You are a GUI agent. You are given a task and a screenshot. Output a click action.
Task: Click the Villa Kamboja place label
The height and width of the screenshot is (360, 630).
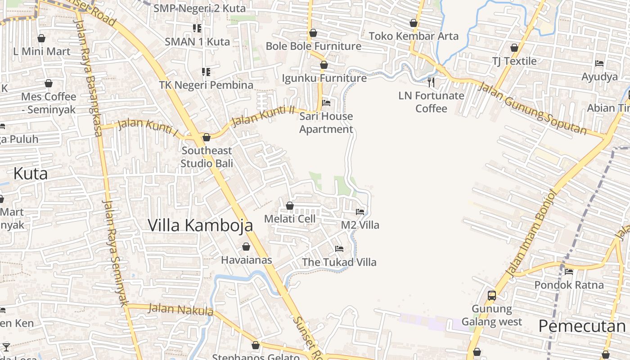pyautogui.click(x=200, y=225)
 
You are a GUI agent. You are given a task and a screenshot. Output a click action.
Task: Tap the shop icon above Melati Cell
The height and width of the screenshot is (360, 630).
pyautogui.click(x=290, y=206)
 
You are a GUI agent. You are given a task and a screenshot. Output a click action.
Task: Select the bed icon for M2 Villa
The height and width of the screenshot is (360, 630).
pyautogui.click(x=360, y=211)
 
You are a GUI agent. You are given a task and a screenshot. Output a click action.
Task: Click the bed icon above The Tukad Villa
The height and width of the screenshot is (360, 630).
pyautogui.click(x=339, y=248)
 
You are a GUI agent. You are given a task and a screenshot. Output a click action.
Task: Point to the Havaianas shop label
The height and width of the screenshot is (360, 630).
pyautogui.click(x=246, y=260)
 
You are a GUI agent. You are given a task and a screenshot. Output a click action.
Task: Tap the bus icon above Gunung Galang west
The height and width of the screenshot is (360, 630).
pyautogui.click(x=492, y=296)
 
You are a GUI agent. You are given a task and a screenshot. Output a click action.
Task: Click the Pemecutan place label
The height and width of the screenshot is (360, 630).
pyautogui.click(x=582, y=326)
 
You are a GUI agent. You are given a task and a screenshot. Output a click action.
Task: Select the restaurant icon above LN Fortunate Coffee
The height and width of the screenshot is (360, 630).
pyautogui.click(x=431, y=82)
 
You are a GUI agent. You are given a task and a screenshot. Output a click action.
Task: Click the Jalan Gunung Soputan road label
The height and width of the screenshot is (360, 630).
pyautogui.click(x=532, y=108)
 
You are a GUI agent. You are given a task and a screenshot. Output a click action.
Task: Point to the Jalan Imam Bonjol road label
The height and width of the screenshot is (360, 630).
pyautogui.click(x=531, y=233)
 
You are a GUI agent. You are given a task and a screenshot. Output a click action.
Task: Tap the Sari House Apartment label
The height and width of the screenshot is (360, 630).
pyautogui.click(x=326, y=123)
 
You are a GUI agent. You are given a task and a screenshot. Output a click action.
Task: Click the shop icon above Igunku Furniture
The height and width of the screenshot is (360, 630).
pyautogui.click(x=324, y=65)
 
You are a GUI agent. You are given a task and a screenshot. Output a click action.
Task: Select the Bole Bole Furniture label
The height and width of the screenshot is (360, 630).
pyautogui.click(x=313, y=46)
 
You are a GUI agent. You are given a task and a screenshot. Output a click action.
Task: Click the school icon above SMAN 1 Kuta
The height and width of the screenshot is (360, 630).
pyautogui.click(x=197, y=28)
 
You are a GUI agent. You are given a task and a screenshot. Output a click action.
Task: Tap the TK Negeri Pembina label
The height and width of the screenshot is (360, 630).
pyautogui.click(x=206, y=85)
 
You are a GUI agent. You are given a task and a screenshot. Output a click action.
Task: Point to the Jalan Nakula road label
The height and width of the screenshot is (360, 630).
pyautogui.click(x=180, y=310)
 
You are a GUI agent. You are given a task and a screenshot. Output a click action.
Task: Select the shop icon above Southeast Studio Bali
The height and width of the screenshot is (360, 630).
pyautogui.click(x=207, y=137)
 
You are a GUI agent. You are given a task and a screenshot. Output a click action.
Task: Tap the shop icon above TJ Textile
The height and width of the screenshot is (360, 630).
pyautogui.click(x=514, y=48)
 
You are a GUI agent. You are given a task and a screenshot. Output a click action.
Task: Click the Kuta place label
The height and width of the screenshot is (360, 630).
pyautogui.click(x=31, y=174)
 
